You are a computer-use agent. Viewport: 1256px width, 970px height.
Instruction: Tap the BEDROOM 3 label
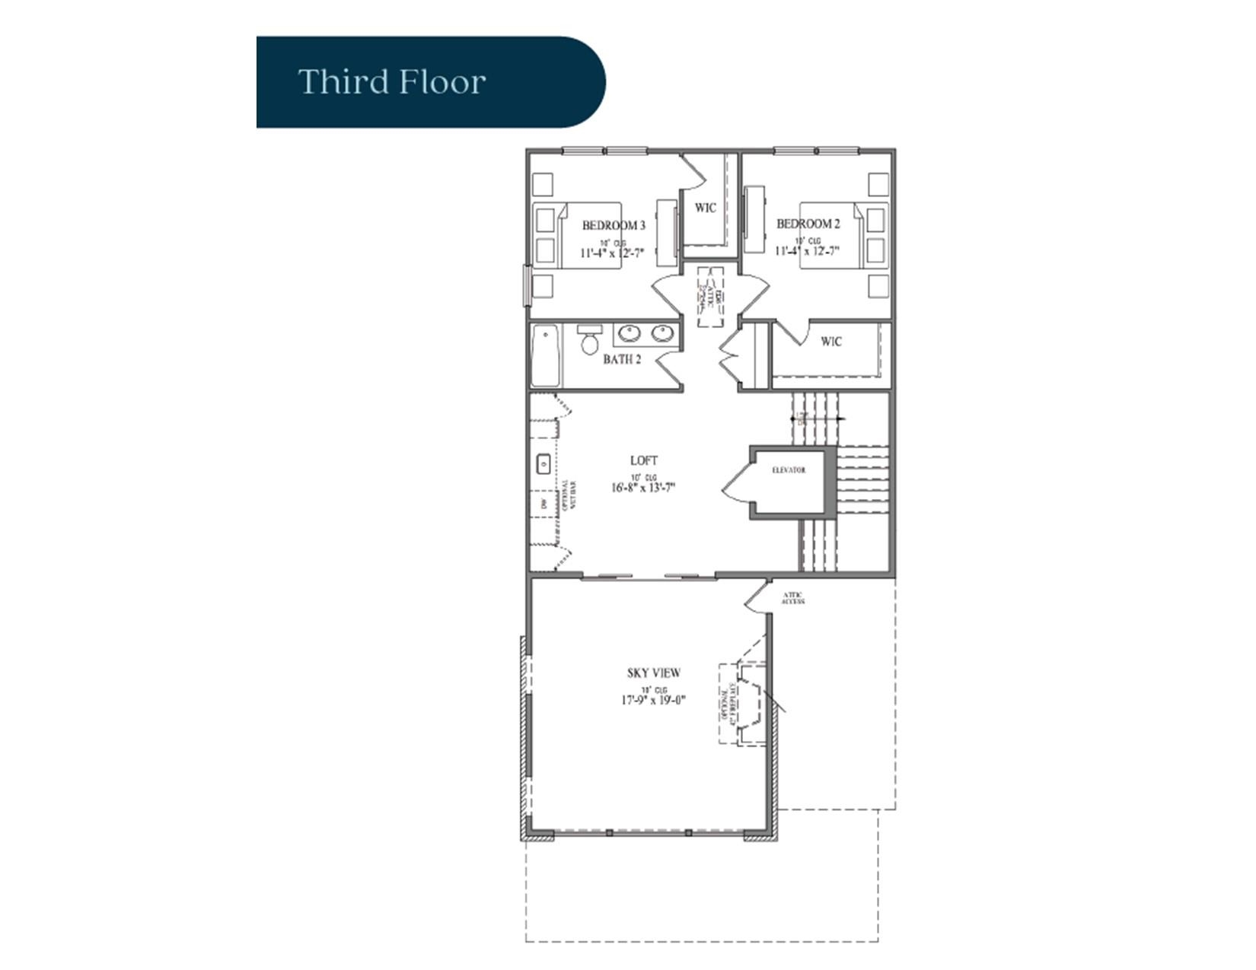tap(614, 226)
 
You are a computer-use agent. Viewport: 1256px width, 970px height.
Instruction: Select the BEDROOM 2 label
tap(808, 224)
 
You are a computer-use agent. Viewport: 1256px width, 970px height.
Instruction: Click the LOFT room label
tap(643, 460)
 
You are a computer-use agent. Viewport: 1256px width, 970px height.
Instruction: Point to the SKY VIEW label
tap(653, 673)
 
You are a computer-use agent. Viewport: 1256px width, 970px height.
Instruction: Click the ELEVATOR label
tap(788, 470)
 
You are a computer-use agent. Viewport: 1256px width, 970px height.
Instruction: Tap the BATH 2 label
tap(621, 359)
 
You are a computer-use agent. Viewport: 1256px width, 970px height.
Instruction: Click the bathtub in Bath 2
tap(545, 356)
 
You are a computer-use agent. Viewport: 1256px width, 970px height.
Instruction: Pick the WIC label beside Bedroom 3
tap(705, 208)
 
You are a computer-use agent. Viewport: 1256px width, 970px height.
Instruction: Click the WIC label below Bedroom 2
tap(831, 342)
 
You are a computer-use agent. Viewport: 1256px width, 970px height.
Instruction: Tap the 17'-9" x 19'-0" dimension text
tap(653, 700)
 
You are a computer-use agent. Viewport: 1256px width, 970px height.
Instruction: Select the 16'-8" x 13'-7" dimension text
tap(643, 488)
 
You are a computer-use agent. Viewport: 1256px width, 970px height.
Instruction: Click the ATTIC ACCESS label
tap(792, 598)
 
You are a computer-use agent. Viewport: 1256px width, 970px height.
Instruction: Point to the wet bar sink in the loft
tap(544, 463)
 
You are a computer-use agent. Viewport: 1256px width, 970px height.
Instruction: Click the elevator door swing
tap(736, 483)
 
